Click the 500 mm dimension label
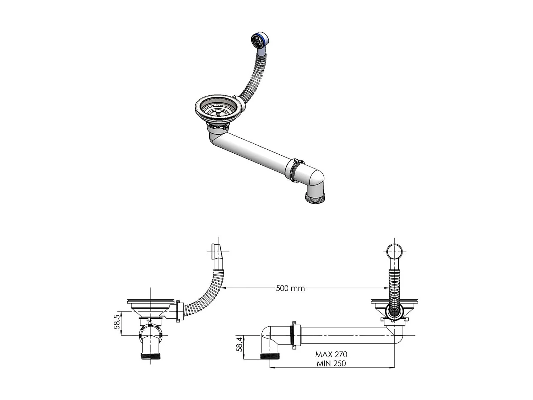(290, 288)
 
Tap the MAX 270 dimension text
(331, 354)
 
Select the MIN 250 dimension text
(331, 363)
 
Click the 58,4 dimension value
(240, 345)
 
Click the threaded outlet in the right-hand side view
(270, 356)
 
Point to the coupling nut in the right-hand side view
(294, 335)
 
